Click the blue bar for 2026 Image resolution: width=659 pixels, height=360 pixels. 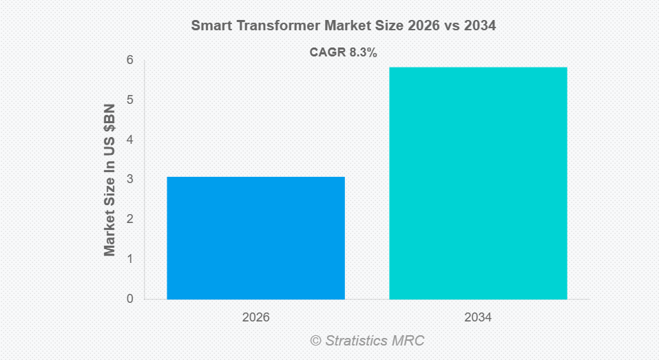coord(255,237)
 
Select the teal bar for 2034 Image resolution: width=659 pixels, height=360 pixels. coord(478,183)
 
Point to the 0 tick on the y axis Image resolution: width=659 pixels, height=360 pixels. coord(129,299)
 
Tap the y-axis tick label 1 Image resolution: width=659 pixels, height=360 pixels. coord(129,259)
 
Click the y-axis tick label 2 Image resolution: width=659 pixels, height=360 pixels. coord(129,220)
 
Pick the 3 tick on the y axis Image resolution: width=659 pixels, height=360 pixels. coord(129,180)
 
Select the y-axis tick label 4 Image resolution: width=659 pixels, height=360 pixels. coord(129,140)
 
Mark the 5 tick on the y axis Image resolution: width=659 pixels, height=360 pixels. coord(129,100)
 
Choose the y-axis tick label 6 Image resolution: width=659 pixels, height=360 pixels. coord(129,61)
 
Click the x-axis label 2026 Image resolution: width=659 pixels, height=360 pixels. coord(255,318)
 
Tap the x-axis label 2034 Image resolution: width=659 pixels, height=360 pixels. coord(478,318)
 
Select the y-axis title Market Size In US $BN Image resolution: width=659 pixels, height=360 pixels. coord(109,180)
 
